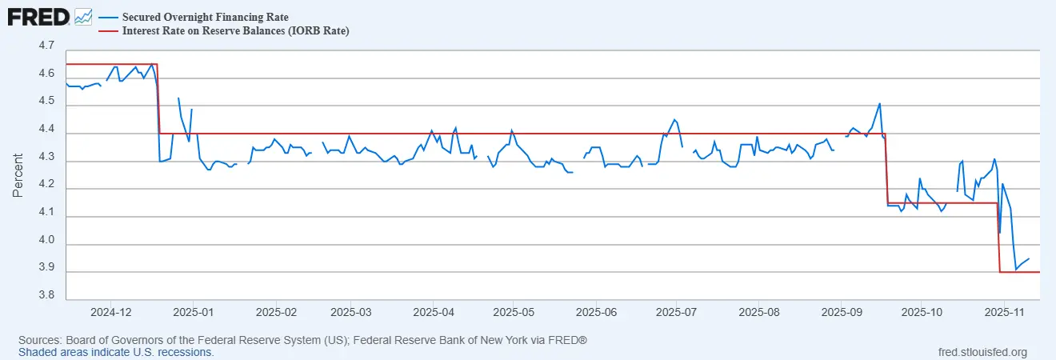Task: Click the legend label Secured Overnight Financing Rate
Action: point(206,17)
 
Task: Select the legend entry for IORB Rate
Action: point(235,30)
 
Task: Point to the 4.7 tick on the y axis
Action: point(46,46)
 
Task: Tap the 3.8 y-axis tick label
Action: point(46,296)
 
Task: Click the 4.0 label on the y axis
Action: point(46,241)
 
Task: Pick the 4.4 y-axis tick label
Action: point(46,130)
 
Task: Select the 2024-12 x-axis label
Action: point(113,310)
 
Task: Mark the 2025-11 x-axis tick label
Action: point(1006,310)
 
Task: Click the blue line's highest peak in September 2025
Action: point(880,103)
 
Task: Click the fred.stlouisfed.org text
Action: point(982,352)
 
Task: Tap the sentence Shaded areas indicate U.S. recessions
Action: point(116,352)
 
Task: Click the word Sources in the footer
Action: point(39,341)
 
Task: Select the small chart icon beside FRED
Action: point(83,15)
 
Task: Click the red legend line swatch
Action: point(108,30)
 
